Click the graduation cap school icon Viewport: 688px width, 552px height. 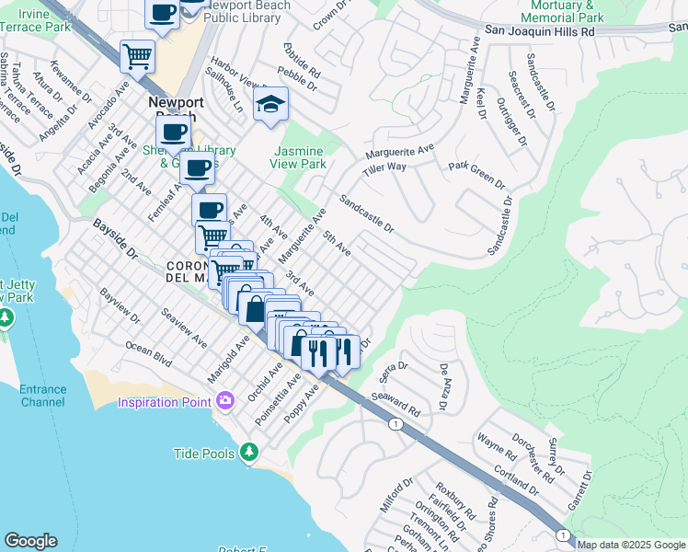pyautogui.click(x=271, y=105)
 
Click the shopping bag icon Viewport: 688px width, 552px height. pyautogui.click(x=253, y=307)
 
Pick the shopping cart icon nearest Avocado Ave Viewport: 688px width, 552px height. pyautogui.click(x=137, y=56)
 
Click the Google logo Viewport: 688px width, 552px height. pyautogui.click(x=30, y=541)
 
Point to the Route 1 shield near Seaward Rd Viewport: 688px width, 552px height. pyautogui.click(x=395, y=424)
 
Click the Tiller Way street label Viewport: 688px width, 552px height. pyautogui.click(x=384, y=167)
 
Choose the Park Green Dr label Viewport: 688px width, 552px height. pyautogui.click(x=476, y=174)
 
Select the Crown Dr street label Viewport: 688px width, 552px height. pyautogui.click(x=332, y=17)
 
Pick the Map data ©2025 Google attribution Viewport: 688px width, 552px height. pyautogui.click(x=631, y=545)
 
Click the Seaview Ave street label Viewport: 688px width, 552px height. pyautogui.click(x=184, y=328)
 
